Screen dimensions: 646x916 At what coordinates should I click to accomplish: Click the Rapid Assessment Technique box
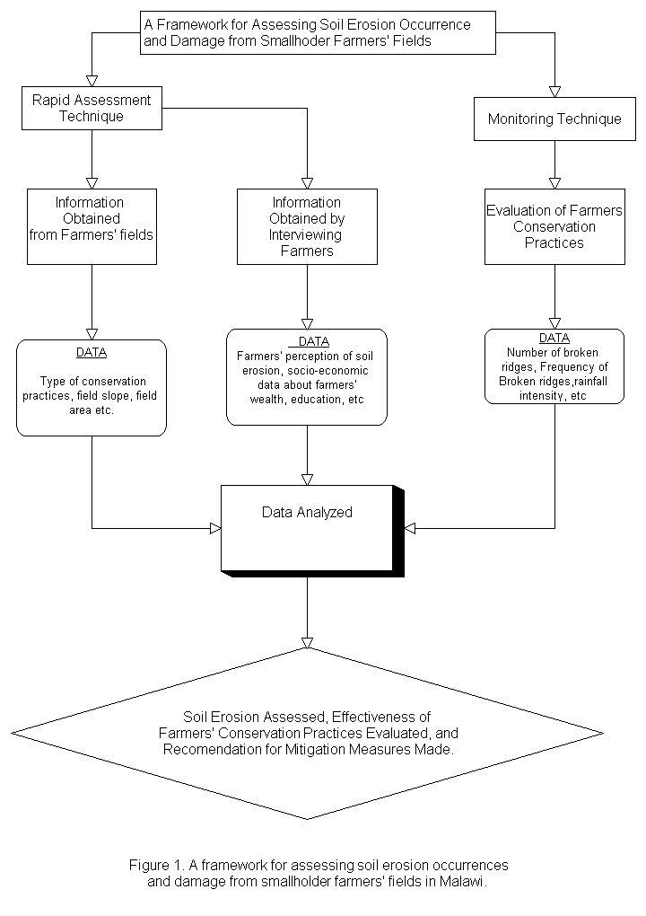point(92,108)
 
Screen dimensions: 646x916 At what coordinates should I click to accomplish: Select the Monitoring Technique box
point(554,119)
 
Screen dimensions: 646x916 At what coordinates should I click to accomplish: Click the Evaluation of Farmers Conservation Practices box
point(554,226)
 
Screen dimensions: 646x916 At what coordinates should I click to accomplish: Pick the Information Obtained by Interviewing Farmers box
point(307,226)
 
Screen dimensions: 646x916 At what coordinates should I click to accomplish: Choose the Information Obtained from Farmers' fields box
point(92,226)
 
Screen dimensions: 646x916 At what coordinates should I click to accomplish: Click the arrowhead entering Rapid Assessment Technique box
point(92,81)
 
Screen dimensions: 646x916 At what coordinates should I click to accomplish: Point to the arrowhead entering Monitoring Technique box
point(554,92)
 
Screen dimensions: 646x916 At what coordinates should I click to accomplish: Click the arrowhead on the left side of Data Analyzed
point(215,528)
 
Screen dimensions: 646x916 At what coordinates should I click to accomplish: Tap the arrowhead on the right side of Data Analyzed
point(410,528)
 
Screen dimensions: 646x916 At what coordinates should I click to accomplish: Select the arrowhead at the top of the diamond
point(307,643)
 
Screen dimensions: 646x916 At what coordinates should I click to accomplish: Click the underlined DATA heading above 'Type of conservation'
point(92,352)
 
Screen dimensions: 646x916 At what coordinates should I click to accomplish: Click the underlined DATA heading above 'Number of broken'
point(554,338)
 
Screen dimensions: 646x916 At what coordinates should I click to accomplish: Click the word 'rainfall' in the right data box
point(590,382)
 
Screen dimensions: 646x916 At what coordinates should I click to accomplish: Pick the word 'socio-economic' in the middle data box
point(328,370)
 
